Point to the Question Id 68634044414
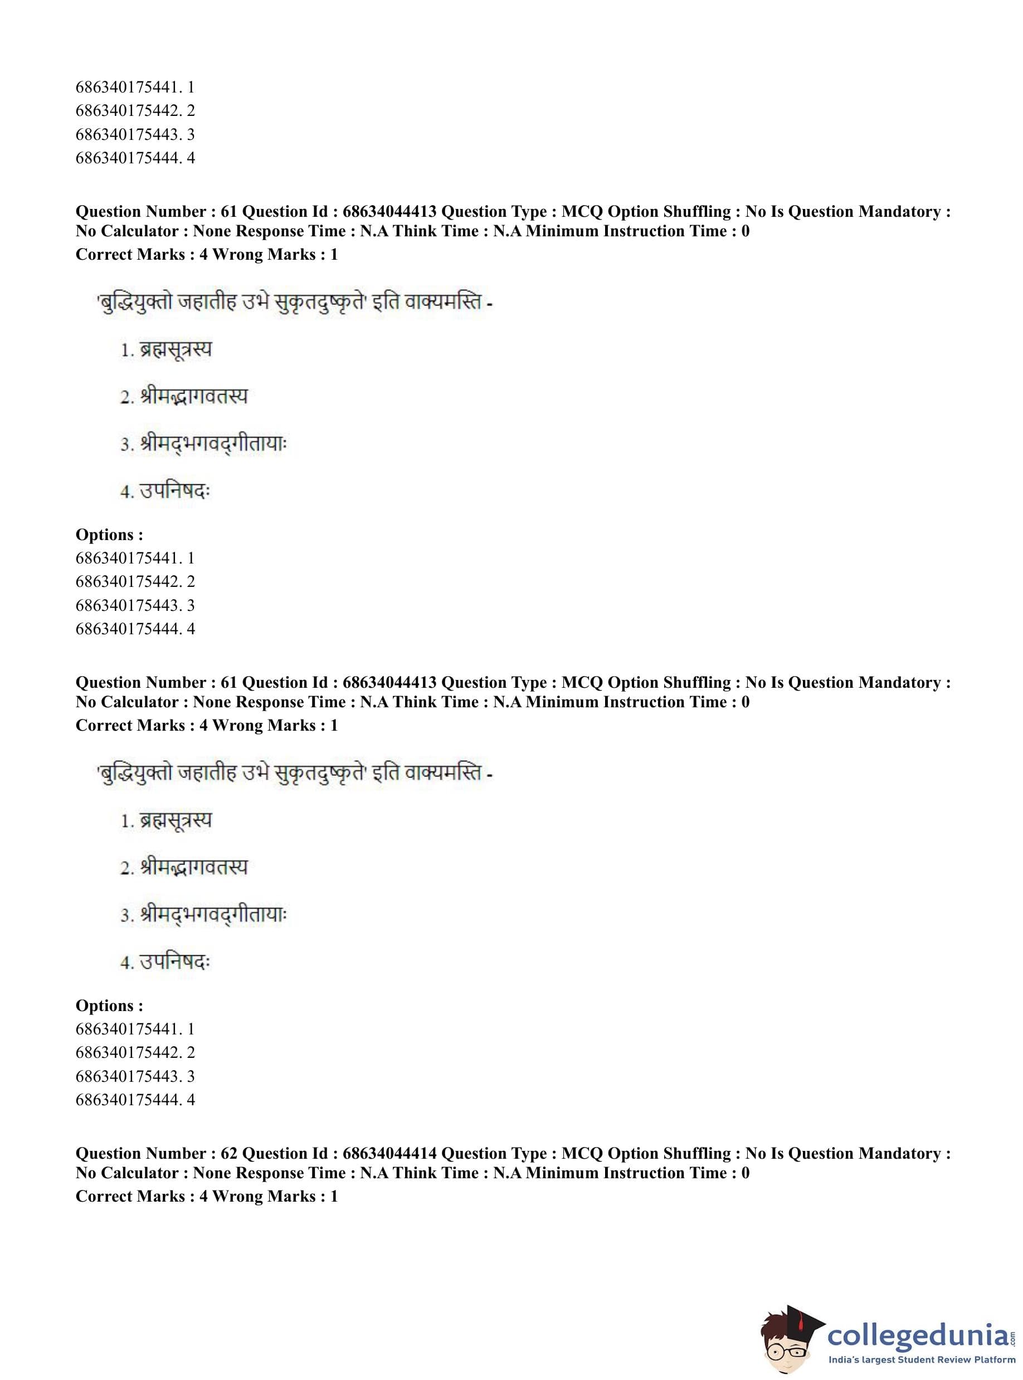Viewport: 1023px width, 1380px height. coord(389,1153)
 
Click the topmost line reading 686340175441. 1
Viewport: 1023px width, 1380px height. coord(135,87)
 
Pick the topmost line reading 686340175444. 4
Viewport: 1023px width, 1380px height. coord(135,158)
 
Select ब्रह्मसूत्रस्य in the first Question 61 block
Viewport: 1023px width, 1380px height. coord(176,350)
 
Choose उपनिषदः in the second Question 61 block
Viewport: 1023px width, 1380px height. coord(176,962)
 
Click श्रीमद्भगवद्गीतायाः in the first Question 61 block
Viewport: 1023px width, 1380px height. coord(213,444)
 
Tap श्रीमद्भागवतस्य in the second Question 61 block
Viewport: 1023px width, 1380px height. coord(194,867)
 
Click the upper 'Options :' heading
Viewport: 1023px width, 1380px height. coord(109,534)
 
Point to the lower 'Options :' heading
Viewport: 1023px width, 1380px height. coord(109,1005)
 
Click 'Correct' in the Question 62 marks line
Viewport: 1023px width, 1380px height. coord(104,1196)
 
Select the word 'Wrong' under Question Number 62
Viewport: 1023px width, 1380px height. coord(238,1196)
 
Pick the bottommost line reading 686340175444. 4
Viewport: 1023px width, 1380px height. coord(135,1100)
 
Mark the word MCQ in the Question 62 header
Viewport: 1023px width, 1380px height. coord(582,1153)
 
